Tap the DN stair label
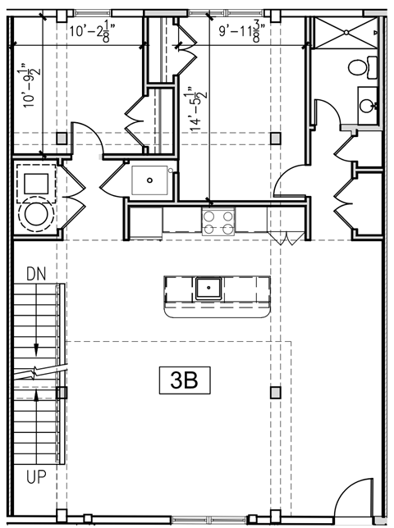tap(35, 273)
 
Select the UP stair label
tap(35, 476)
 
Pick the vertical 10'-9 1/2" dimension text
tap(30, 86)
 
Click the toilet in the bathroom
tap(361, 66)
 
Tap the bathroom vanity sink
tap(369, 104)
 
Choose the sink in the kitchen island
tap(208, 287)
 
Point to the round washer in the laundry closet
tap(36, 216)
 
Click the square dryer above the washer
tap(36, 180)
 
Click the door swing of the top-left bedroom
tap(82, 135)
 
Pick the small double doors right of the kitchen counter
tap(288, 238)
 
